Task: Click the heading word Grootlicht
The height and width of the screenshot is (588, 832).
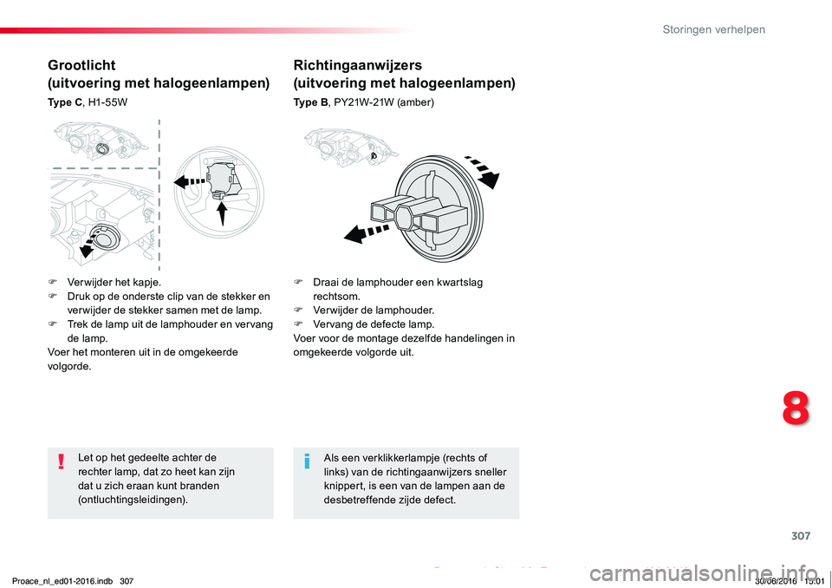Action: tap(81, 65)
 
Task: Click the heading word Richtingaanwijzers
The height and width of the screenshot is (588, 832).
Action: tap(358, 65)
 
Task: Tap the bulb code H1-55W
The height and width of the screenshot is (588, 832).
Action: tap(107, 102)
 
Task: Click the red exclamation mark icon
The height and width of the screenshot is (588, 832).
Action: tap(62, 461)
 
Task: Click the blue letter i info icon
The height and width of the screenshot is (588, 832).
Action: tap(307, 461)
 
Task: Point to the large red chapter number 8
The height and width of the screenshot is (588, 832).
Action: tap(796, 408)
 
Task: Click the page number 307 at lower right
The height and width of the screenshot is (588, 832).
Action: tap(801, 536)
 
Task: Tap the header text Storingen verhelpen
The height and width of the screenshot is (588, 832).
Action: tap(713, 29)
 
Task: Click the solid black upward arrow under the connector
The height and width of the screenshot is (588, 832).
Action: tap(223, 212)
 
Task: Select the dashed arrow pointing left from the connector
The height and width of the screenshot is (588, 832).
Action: tap(190, 181)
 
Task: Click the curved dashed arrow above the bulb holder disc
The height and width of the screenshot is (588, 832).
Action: tap(484, 170)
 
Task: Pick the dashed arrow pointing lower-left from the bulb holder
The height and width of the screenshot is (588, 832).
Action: tap(366, 233)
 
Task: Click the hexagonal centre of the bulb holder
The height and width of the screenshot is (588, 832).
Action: tap(406, 216)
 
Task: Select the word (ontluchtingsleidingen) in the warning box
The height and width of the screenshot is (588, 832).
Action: tap(133, 500)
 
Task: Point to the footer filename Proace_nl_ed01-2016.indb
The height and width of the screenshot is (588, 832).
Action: tap(62, 581)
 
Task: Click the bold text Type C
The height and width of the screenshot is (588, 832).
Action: tap(65, 102)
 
